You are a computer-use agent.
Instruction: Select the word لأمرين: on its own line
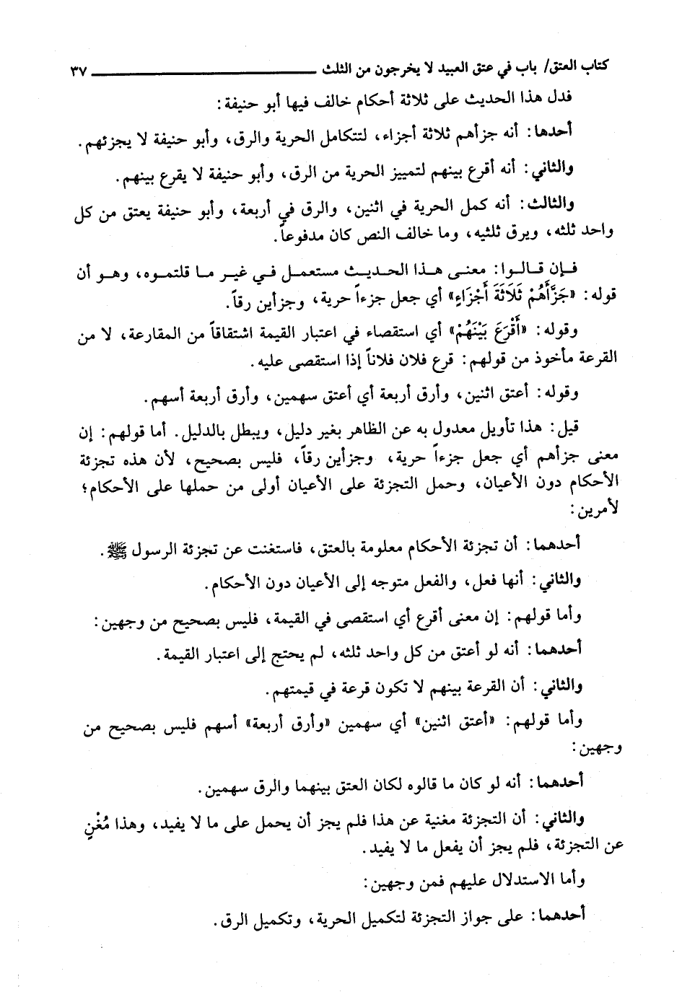coord(599,509)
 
